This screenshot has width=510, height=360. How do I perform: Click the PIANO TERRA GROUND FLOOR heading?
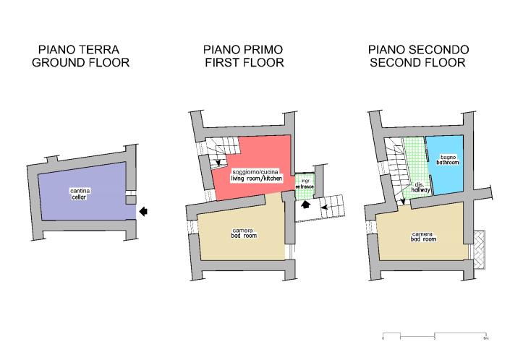80,56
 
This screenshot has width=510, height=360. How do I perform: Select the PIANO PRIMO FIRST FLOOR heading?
243,56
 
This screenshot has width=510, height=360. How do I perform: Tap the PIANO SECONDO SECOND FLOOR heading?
417,56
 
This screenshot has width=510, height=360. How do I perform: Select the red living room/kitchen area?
260,155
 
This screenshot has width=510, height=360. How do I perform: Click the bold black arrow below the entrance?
305,205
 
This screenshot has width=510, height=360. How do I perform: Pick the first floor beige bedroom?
239,239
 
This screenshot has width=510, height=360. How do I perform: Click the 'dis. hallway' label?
419,187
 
